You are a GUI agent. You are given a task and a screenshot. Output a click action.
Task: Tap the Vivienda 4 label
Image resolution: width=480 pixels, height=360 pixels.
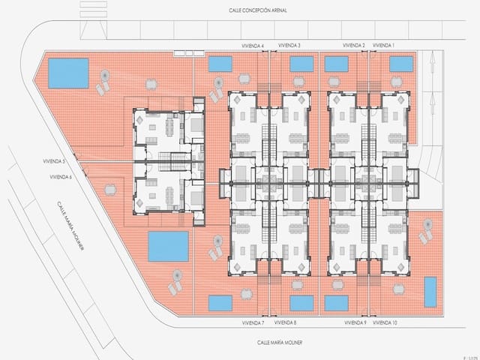coord(253,46)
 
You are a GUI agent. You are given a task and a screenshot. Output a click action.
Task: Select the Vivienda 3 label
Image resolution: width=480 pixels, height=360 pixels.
coord(289,46)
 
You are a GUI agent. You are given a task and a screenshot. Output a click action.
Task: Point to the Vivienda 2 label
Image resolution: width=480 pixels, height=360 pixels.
coord(354,46)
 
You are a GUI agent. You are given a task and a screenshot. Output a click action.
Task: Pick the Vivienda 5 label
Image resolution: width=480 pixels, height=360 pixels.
coord(54,161)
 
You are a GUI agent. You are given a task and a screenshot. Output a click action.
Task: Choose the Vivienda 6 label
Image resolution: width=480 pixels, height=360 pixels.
coord(60,177)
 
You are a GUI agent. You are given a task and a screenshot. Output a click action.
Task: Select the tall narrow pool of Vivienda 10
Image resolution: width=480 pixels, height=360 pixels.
coord(430,292)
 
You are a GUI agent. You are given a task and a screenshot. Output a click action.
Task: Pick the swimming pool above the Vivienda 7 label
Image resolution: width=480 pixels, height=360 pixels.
coord(220,303)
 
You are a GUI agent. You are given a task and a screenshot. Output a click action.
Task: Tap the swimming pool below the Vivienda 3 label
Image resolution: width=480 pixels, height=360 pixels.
coord(301,64)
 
